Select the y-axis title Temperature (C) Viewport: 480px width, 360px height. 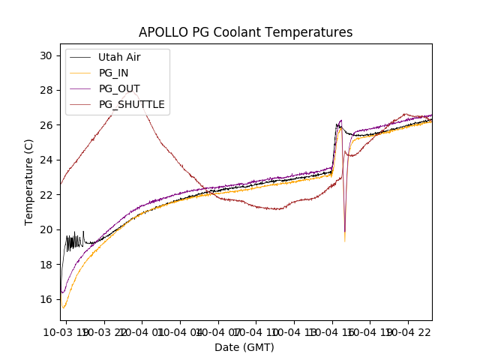pos(29,182)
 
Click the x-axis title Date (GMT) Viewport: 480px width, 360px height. pos(244,347)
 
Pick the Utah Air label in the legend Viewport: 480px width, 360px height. pos(119,57)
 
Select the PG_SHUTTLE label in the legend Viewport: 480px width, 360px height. pos(131,104)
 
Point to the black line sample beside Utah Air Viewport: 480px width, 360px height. pos(81,57)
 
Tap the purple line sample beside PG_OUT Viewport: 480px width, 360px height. pos(81,88)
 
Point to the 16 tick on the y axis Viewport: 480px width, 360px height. pos(46,298)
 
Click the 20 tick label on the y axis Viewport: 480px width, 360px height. pos(46,229)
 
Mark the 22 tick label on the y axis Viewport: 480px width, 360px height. pos(46,194)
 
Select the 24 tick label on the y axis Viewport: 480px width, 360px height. pos(46,160)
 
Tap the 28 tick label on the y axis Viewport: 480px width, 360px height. pos(46,90)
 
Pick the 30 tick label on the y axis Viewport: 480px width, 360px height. pos(46,55)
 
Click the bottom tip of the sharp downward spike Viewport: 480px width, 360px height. pos(345,240)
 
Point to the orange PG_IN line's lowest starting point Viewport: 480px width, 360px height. pos(64,307)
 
